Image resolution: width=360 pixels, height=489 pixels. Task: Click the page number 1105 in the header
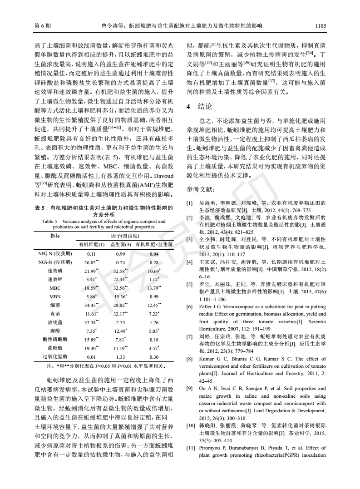tap(321, 26)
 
